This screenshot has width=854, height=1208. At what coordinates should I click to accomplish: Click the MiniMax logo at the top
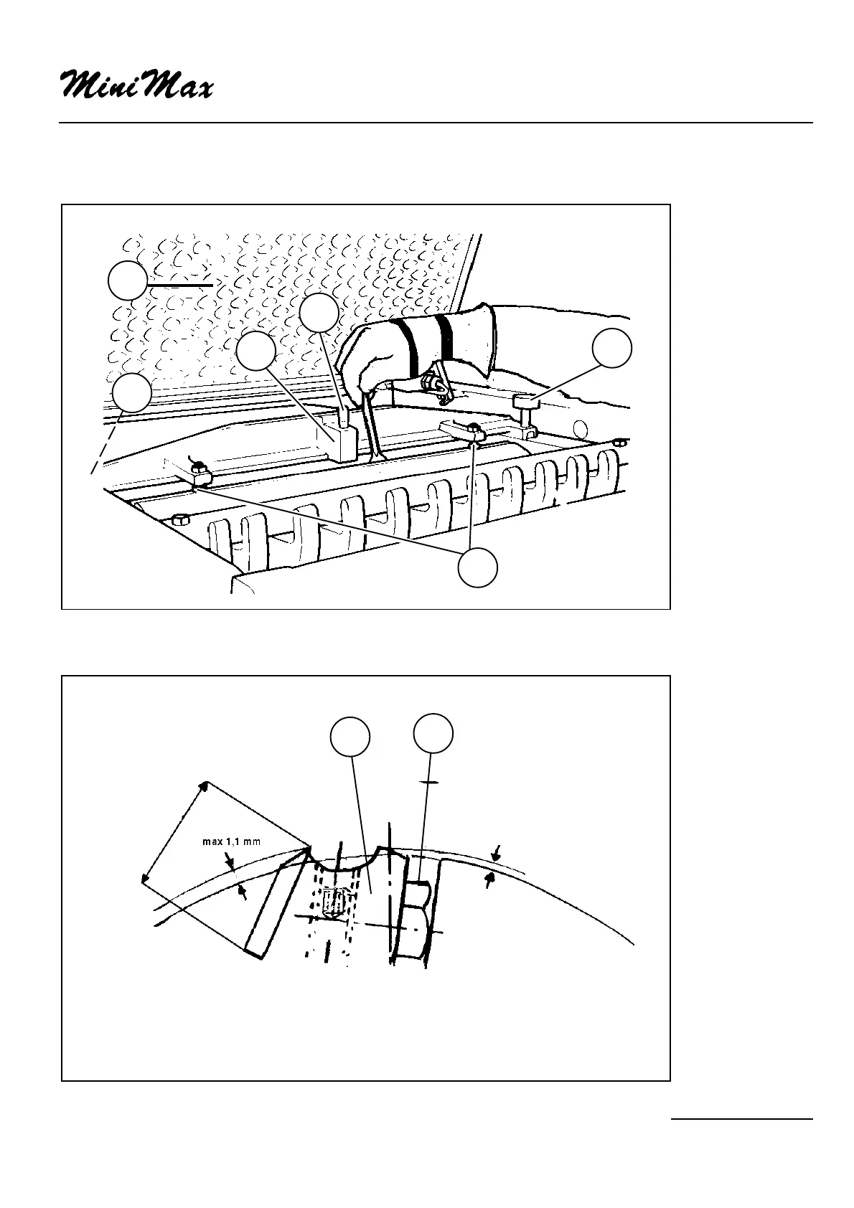tap(136, 85)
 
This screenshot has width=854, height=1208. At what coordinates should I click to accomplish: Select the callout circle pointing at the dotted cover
tap(128, 281)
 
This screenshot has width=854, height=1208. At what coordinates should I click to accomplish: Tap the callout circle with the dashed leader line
tap(132, 392)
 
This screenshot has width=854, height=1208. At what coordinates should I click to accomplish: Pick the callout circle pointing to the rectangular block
tap(256, 351)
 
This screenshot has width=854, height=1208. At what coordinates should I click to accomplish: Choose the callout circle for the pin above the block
tap(319, 314)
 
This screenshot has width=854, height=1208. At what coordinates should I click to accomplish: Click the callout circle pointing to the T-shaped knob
tap(612, 349)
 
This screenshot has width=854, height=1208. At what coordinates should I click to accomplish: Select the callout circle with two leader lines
tap(478, 567)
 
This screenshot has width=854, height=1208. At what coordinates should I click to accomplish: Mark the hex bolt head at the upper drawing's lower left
tap(181, 519)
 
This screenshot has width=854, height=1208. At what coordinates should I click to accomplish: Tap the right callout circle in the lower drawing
tap(434, 732)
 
